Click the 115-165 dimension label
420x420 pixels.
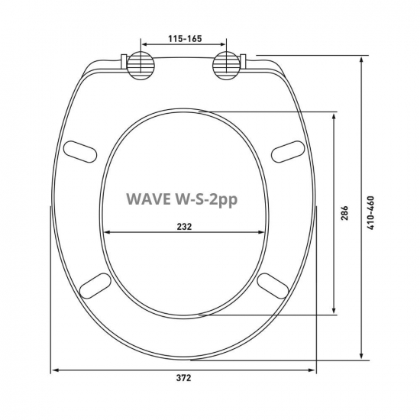pyautogui.click(x=184, y=36)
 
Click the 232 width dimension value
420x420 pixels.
pyautogui.click(x=184, y=226)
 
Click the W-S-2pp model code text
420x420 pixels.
pyautogui.click(x=208, y=200)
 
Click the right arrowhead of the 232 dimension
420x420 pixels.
pyautogui.click(x=263, y=233)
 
